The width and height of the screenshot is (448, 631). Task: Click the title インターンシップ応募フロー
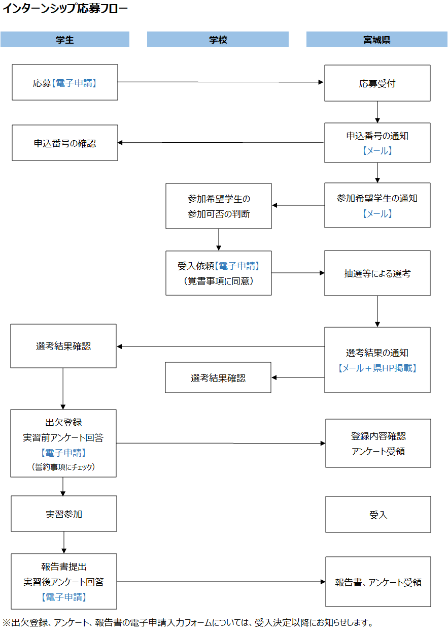point(65,9)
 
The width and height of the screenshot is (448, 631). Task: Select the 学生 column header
point(65,40)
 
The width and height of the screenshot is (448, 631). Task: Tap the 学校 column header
point(218,40)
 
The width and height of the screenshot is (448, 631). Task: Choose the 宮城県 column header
point(376,40)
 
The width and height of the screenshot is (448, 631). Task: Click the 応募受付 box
point(377,83)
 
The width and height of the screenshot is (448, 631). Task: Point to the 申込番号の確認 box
point(65,143)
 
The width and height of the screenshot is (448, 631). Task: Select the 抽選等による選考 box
point(377,273)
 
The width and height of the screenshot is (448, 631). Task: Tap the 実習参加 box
point(63,514)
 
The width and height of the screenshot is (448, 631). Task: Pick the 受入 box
point(378,515)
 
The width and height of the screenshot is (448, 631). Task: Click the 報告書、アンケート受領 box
point(378,582)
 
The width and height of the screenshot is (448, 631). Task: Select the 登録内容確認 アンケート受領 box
point(378,444)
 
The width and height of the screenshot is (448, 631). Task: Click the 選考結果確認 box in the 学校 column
point(218,378)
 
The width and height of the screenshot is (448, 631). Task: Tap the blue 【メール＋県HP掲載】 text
point(377,368)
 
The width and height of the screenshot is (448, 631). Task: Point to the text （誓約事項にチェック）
point(63,467)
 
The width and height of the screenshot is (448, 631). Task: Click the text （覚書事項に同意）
point(219,280)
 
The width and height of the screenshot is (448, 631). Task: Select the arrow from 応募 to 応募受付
point(221,82)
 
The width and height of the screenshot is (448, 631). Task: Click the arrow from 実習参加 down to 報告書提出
point(64,543)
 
